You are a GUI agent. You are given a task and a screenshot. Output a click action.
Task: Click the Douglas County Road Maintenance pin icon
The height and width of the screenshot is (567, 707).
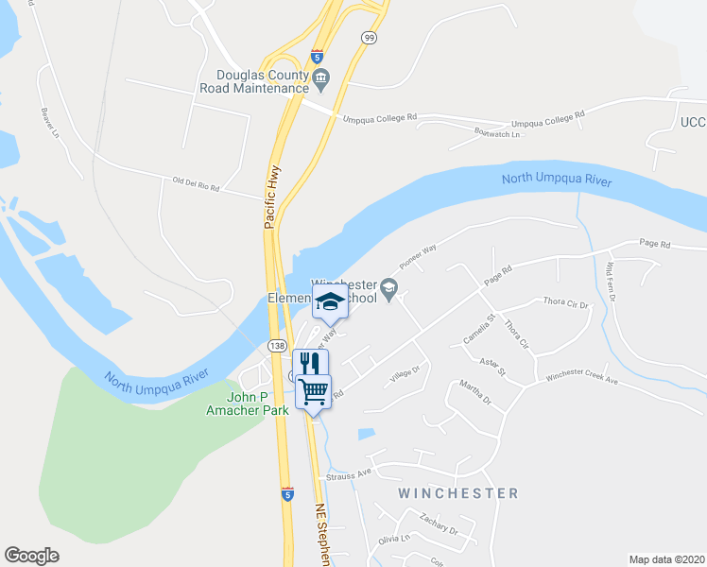pos(320,79)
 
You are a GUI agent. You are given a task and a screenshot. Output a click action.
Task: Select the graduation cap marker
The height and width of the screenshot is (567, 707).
pos(330,301)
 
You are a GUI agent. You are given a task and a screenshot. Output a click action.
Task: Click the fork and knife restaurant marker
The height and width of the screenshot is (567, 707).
pos(309,363)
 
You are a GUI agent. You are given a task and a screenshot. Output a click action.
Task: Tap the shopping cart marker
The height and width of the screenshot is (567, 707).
pos(314,388)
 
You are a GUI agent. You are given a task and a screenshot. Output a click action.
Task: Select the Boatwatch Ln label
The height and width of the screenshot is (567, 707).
pos(498,134)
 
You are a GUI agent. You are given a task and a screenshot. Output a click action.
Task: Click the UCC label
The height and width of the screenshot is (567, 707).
pos(692,122)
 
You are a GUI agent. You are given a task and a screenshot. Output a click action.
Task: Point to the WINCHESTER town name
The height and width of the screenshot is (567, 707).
pos(458,493)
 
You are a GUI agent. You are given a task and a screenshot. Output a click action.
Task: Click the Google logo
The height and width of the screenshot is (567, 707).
pos(31,556)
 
